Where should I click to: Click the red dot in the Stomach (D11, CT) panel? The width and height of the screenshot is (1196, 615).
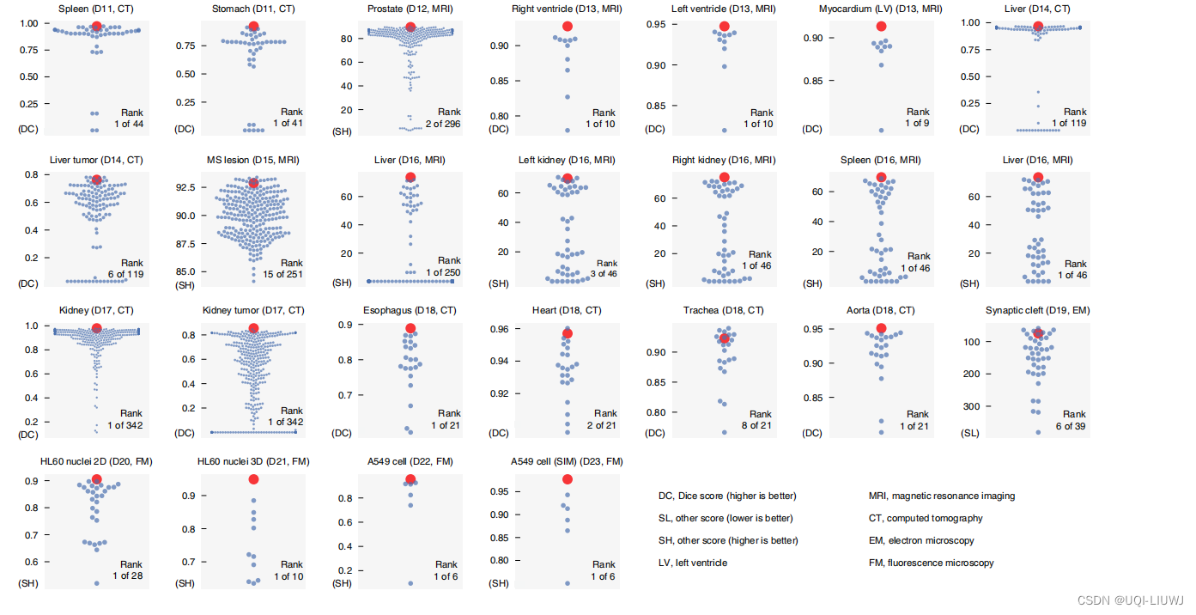coord(252,27)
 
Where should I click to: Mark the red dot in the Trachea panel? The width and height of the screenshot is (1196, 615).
coord(724,338)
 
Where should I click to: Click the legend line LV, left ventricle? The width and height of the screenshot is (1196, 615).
coord(692,563)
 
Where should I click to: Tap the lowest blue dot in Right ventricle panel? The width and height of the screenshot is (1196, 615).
coord(567,131)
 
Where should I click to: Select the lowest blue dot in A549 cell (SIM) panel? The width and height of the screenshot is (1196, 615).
coord(567,583)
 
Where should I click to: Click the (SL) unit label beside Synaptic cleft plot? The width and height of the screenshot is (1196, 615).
coord(969,434)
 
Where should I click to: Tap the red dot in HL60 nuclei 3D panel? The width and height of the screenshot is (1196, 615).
coord(253,479)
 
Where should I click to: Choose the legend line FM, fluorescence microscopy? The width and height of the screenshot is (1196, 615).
coord(931,563)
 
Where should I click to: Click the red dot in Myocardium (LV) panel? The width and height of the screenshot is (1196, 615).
coord(881,27)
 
